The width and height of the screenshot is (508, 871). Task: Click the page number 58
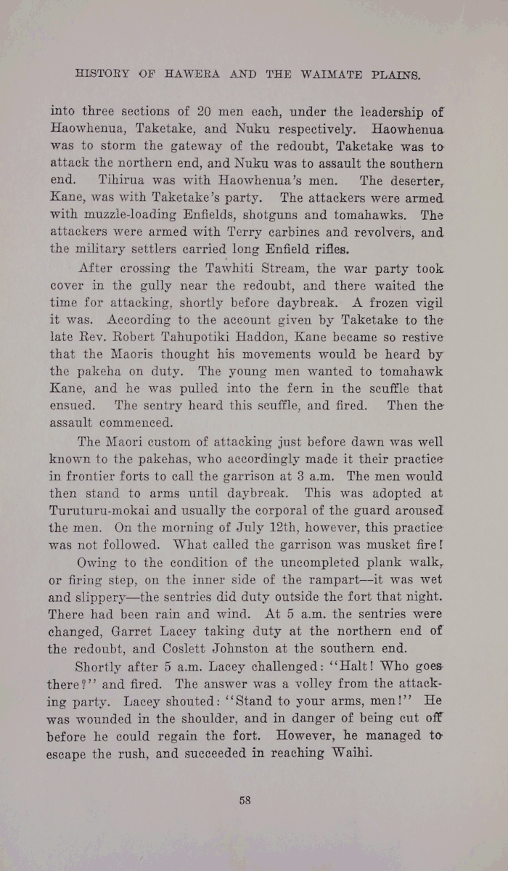click(x=245, y=801)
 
